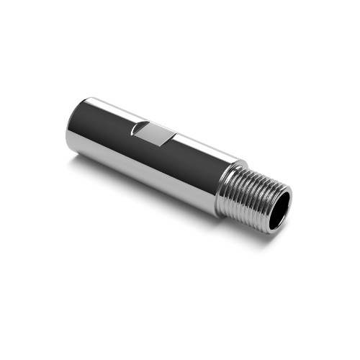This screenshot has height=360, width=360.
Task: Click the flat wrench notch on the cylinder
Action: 153,134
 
